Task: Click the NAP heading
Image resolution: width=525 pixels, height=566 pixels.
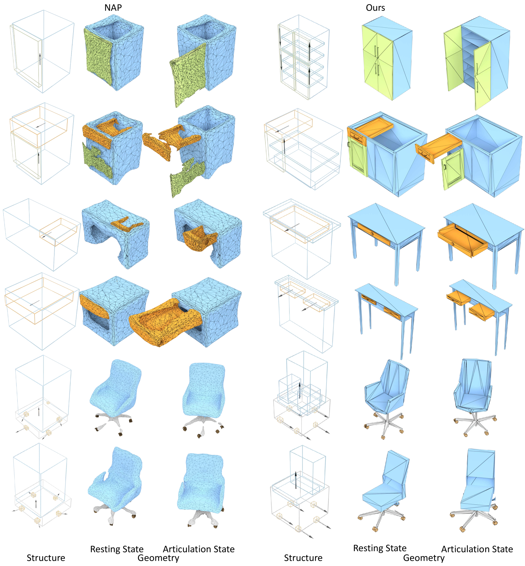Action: click(x=113, y=8)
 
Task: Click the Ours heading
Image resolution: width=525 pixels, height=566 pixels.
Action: click(x=375, y=8)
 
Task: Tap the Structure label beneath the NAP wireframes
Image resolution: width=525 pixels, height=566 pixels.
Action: click(x=46, y=558)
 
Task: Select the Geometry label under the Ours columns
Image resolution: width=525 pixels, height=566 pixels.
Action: click(x=424, y=558)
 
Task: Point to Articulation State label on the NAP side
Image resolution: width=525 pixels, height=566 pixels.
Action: click(x=199, y=549)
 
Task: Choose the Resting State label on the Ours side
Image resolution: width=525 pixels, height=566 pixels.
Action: click(x=380, y=548)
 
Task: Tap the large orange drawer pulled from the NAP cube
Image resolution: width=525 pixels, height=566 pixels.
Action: click(x=166, y=322)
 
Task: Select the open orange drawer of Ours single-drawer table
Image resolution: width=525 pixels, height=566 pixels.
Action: click(x=462, y=240)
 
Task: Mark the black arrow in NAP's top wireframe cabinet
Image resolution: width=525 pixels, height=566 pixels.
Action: click(x=40, y=59)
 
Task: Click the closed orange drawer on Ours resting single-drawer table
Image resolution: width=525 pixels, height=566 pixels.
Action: click(x=374, y=234)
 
